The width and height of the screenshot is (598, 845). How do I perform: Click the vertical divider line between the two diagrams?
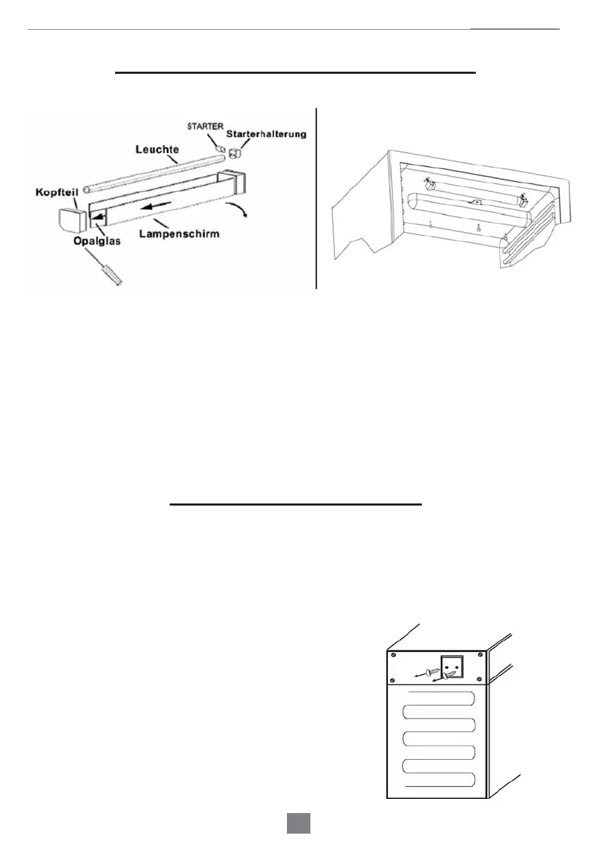[x=316, y=199]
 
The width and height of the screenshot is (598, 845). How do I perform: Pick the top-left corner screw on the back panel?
[x=393, y=655]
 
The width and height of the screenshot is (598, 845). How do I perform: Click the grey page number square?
[x=298, y=824]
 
